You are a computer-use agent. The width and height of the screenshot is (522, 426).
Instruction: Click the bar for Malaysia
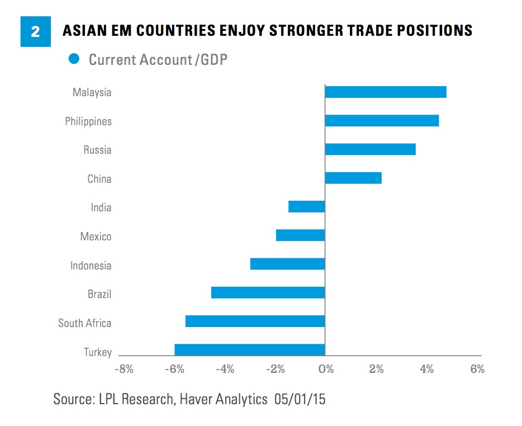pos(386,92)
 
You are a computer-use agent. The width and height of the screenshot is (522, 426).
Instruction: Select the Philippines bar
pos(382,121)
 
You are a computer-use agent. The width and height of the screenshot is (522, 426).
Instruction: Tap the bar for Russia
pos(370,149)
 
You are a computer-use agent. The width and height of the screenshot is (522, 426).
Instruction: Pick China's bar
pos(353,178)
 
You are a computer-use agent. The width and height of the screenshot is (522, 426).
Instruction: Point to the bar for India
pos(307,207)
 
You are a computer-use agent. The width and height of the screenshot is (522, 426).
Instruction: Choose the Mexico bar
pos(301,235)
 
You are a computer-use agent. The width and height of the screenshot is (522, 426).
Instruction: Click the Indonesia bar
pos(288,264)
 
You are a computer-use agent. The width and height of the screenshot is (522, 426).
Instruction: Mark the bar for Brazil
pos(268,293)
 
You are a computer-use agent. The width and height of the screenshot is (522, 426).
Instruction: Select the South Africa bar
pos(255,321)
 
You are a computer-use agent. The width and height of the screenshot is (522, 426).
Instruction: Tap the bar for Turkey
pos(250,350)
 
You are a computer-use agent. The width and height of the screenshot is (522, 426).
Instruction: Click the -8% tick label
pos(124,369)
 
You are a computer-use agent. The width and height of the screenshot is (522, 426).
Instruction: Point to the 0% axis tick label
pos(325,369)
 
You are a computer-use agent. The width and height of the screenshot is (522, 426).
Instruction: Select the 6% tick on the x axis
pos(477,369)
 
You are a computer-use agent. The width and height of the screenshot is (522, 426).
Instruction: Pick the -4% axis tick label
pos(225,369)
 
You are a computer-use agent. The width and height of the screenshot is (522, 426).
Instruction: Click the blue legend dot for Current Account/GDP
pos(73,58)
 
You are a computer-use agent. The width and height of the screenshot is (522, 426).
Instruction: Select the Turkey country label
pos(98,352)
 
